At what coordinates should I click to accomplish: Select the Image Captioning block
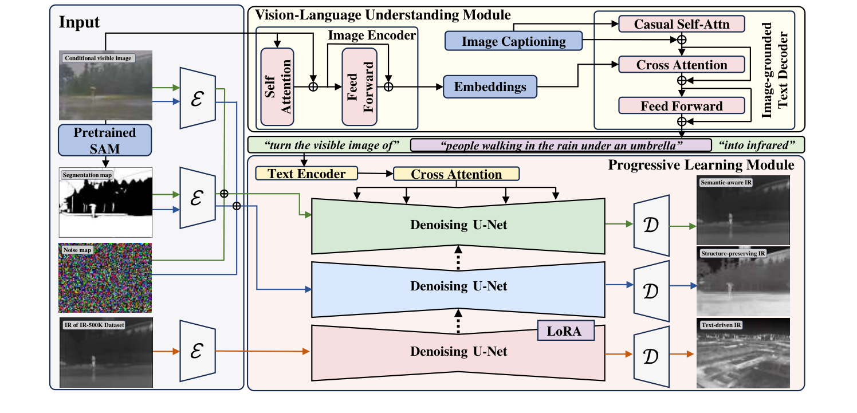click(513, 41)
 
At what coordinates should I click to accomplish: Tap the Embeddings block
click(490, 86)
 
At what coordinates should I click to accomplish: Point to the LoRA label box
click(565, 331)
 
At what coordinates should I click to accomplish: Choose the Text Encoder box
click(306, 173)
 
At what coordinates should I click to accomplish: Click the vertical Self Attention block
click(277, 86)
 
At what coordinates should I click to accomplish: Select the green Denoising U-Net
click(458, 225)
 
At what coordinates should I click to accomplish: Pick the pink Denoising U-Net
click(458, 351)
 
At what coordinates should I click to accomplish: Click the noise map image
click(105, 277)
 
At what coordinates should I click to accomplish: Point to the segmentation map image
click(105, 202)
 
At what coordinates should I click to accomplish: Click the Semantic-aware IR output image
click(743, 211)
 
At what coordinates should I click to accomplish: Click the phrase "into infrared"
click(757, 144)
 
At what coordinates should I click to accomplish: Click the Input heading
click(79, 22)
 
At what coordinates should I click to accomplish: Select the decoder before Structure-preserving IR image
click(651, 285)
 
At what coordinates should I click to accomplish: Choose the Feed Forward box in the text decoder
click(681, 105)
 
